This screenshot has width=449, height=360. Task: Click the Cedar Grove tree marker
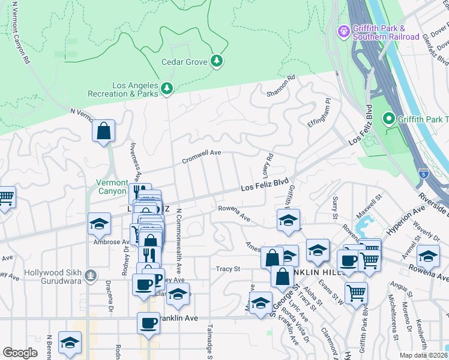click(217, 61)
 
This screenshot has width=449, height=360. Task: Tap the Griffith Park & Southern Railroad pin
click(344, 31)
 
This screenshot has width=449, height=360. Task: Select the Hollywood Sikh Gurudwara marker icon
click(91, 275)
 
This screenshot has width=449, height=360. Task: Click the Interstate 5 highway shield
click(424, 172)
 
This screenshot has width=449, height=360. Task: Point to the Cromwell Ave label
click(202, 157)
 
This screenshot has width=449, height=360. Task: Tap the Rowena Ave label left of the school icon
click(234, 213)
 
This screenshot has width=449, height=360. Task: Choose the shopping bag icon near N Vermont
click(104, 131)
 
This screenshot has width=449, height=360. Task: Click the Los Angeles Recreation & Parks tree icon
click(166, 89)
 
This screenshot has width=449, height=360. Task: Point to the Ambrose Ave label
click(107, 242)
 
